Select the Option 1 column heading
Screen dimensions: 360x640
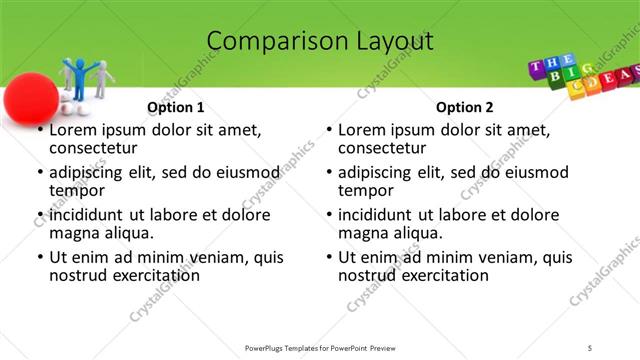click(176, 107)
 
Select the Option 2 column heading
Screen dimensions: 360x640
click(465, 107)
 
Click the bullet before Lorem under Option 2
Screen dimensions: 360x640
click(330, 131)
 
